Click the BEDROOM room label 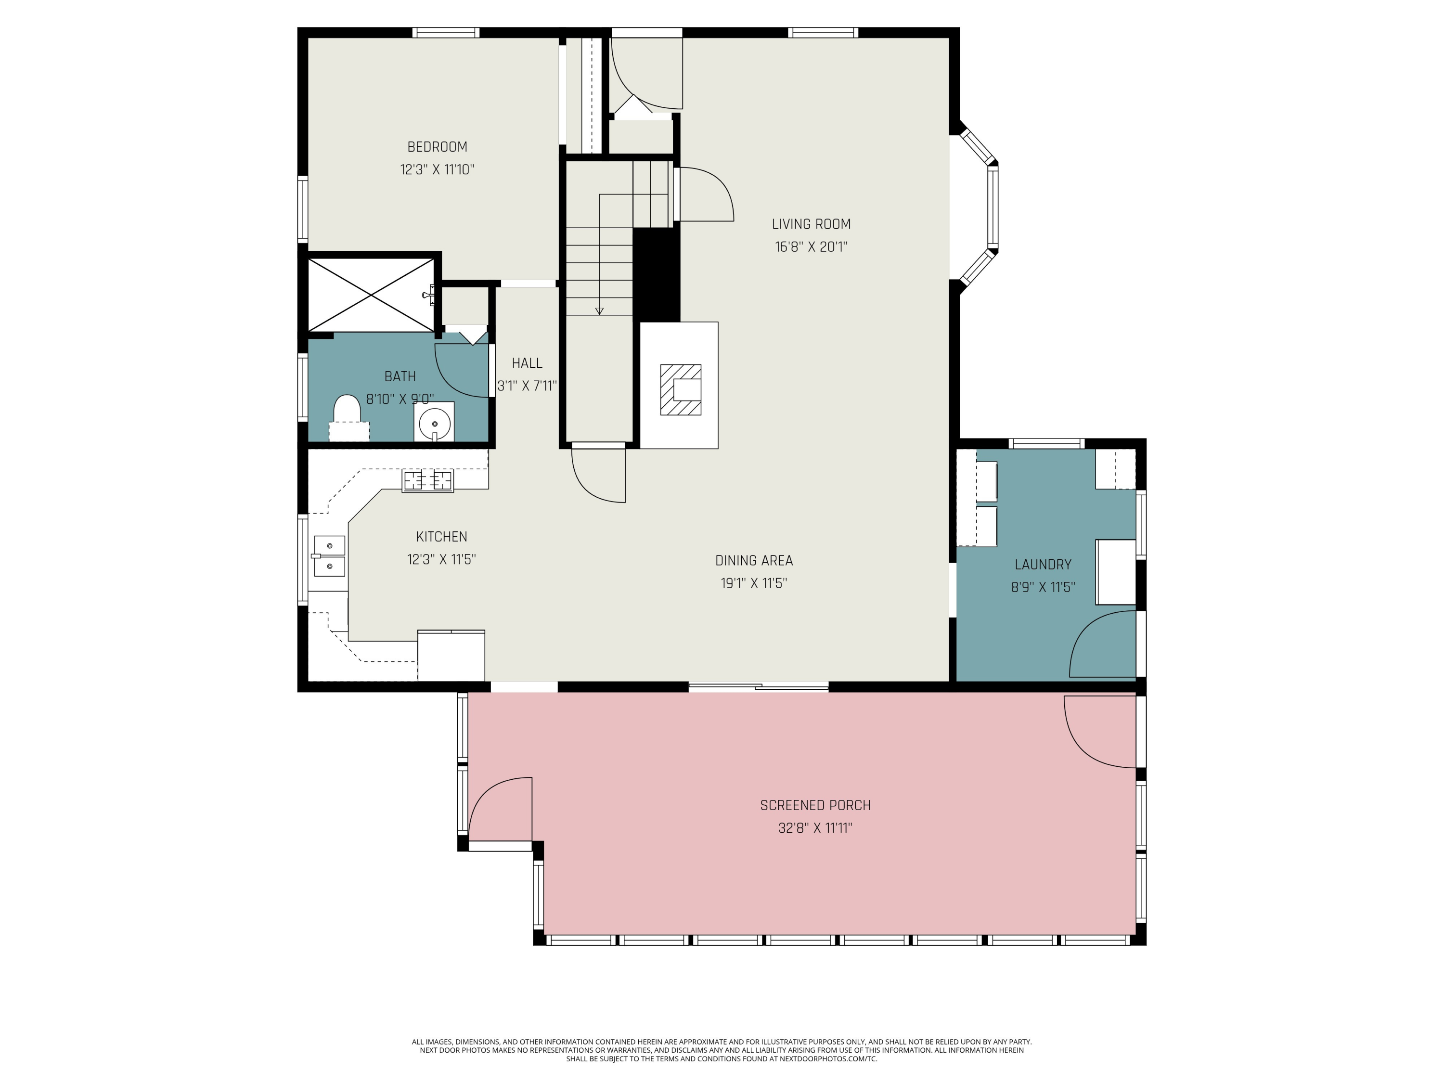pos(438,147)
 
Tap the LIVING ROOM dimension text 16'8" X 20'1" pos(812,247)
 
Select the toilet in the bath pos(348,418)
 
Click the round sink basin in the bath pos(435,425)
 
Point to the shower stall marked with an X pos(371,295)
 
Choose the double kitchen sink pos(330,555)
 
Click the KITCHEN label pos(442,537)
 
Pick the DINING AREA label pos(754,560)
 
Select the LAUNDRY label pos(1043,565)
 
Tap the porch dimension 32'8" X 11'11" pos(815,828)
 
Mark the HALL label pos(527,363)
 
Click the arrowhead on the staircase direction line pos(599,311)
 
